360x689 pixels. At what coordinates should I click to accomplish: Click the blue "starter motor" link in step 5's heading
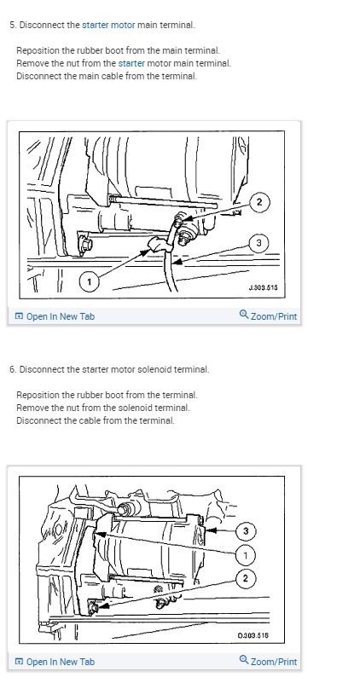click(x=108, y=25)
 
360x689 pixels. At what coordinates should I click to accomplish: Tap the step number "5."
click(x=13, y=25)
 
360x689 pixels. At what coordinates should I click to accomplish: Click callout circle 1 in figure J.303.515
click(x=88, y=280)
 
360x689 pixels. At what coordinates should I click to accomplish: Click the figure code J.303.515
click(x=263, y=287)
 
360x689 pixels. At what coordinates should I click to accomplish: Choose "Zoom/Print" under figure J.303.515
click(x=268, y=316)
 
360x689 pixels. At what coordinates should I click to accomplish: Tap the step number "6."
click(x=13, y=369)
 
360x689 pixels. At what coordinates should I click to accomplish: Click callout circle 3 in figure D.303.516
click(x=247, y=531)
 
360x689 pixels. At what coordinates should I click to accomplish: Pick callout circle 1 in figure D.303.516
click(x=247, y=555)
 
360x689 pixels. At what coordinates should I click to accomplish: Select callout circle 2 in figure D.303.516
click(x=247, y=579)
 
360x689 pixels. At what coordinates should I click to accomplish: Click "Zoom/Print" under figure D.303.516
click(x=268, y=662)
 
